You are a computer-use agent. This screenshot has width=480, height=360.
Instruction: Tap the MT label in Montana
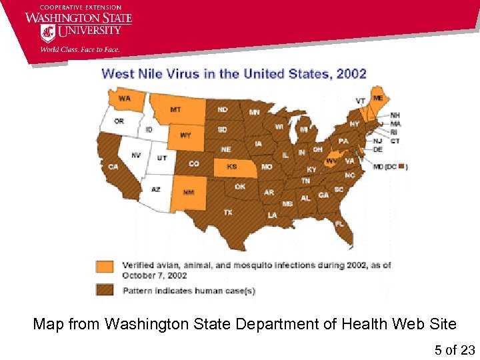175,109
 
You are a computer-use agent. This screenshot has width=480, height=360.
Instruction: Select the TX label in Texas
227,212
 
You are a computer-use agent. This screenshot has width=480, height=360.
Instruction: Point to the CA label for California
113,167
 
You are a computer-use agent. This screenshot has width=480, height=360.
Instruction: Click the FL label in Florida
339,223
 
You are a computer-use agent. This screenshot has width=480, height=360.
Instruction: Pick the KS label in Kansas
232,167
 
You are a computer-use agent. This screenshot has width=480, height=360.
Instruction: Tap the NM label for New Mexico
189,192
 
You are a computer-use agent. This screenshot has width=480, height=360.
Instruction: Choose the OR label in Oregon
119,121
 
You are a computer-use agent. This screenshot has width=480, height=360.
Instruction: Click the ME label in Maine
378,98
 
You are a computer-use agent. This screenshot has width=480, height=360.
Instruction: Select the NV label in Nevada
136,155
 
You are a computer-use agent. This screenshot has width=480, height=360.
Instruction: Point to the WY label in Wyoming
186,135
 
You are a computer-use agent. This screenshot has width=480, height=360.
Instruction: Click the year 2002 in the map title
351,73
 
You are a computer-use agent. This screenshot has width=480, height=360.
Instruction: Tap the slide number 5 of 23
455,349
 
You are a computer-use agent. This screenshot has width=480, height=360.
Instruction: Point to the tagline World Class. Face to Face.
79,49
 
